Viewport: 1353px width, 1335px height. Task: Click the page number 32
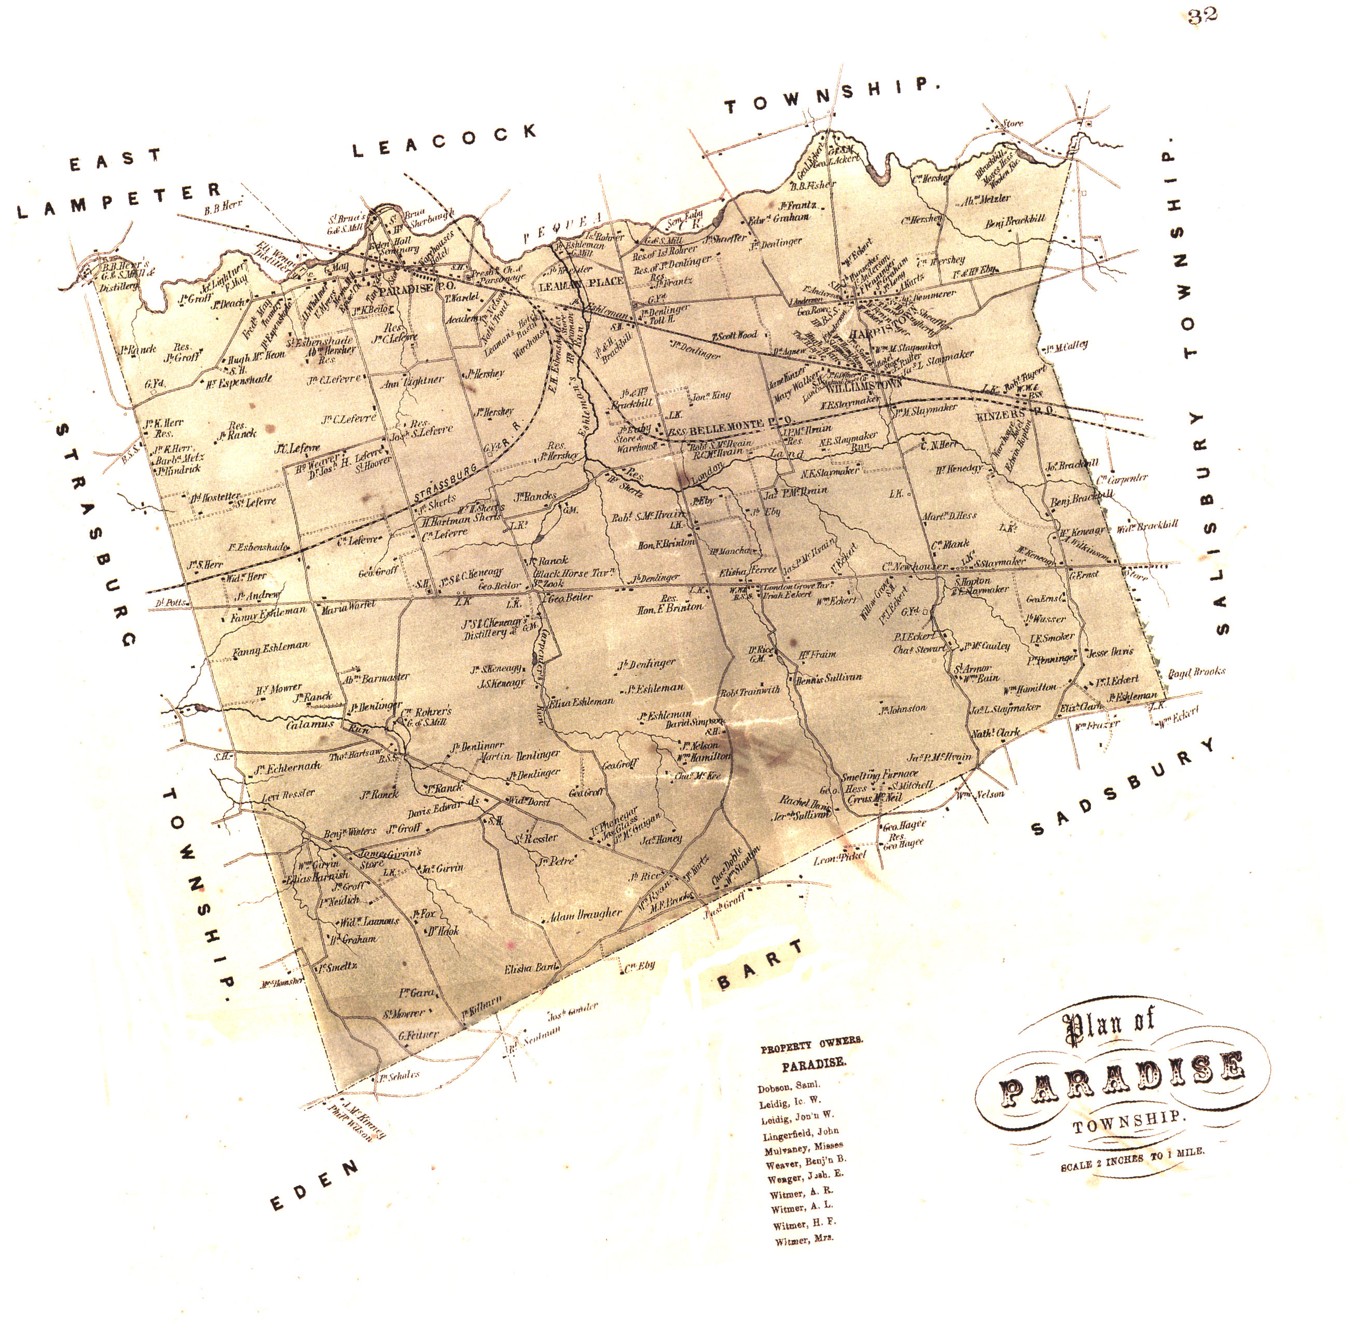1202,16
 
